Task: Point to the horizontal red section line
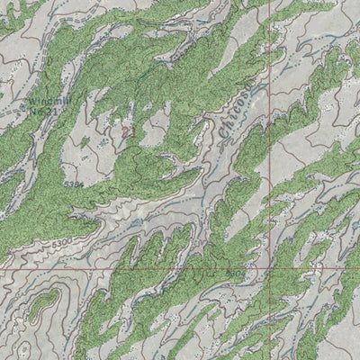[x=135, y=268]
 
